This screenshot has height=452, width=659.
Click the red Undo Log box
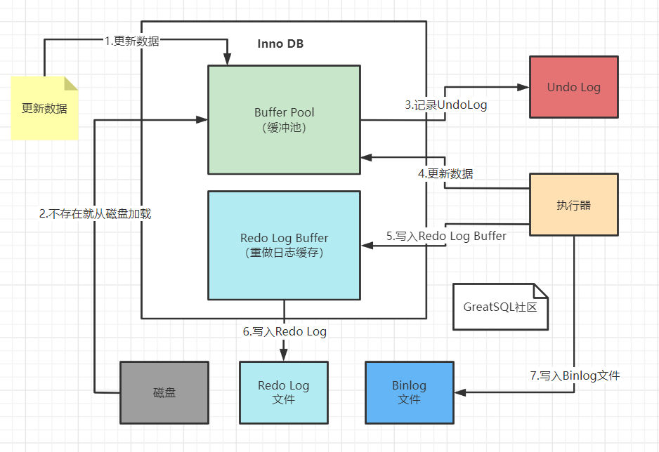click(x=573, y=87)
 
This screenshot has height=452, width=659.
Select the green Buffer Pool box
click(x=284, y=119)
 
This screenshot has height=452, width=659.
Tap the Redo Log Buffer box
click(x=284, y=245)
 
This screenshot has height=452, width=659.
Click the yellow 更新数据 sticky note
click(x=44, y=108)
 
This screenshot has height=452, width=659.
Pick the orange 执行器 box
click(x=573, y=205)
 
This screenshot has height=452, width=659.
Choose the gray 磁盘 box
click(x=164, y=392)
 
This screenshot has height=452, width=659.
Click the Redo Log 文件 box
click(x=283, y=392)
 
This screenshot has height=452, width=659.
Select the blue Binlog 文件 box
click(x=409, y=392)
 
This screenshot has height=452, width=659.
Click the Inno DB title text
click(x=281, y=44)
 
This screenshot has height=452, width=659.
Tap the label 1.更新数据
click(x=132, y=41)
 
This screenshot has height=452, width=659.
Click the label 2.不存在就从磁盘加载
click(x=95, y=213)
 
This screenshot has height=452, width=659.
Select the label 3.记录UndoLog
click(x=446, y=105)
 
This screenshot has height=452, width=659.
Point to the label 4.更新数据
click(x=445, y=173)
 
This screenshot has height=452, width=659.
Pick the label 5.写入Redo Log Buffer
click(x=446, y=236)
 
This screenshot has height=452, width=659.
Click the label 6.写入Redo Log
click(x=285, y=331)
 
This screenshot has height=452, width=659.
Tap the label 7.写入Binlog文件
click(x=575, y=375)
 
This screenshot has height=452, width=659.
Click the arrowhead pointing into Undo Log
click(x=523, y=87)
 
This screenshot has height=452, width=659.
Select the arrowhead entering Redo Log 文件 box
click(x=284, y=356)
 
